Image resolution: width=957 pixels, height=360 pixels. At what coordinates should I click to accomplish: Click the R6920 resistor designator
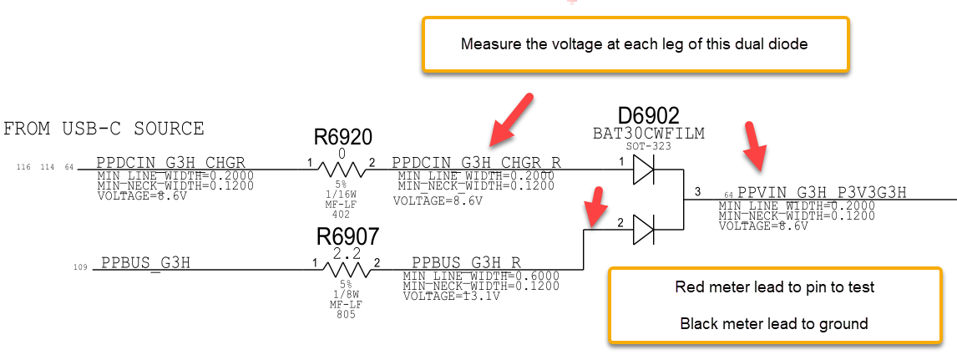(x=342, y=138)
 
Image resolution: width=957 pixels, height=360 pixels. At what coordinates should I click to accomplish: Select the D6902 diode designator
(x=648, y=115)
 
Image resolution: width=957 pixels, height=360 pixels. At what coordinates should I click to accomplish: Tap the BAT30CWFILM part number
(x=648, y=133)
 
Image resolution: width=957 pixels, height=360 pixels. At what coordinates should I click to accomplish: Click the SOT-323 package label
(x=648, y=146)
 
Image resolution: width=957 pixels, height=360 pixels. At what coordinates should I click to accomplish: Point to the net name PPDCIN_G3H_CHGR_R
(x=476, y=162)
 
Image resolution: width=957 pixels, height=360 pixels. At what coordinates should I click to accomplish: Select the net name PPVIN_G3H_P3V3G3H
(x=822, y=194)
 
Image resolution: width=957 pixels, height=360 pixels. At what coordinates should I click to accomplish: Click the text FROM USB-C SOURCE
(x=104, y=129)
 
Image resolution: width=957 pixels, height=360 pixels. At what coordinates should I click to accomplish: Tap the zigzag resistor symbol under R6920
(x=342, y=170)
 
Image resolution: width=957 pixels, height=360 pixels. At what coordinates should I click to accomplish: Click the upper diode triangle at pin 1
(x=642, y=170)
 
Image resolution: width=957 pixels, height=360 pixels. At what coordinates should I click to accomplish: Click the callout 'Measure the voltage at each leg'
(x=634, y=43)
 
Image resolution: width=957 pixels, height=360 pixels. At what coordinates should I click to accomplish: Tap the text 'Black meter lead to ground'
(x=774, y=323)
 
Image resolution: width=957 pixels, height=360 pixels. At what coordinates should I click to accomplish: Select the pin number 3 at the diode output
(x=697, y=192)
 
